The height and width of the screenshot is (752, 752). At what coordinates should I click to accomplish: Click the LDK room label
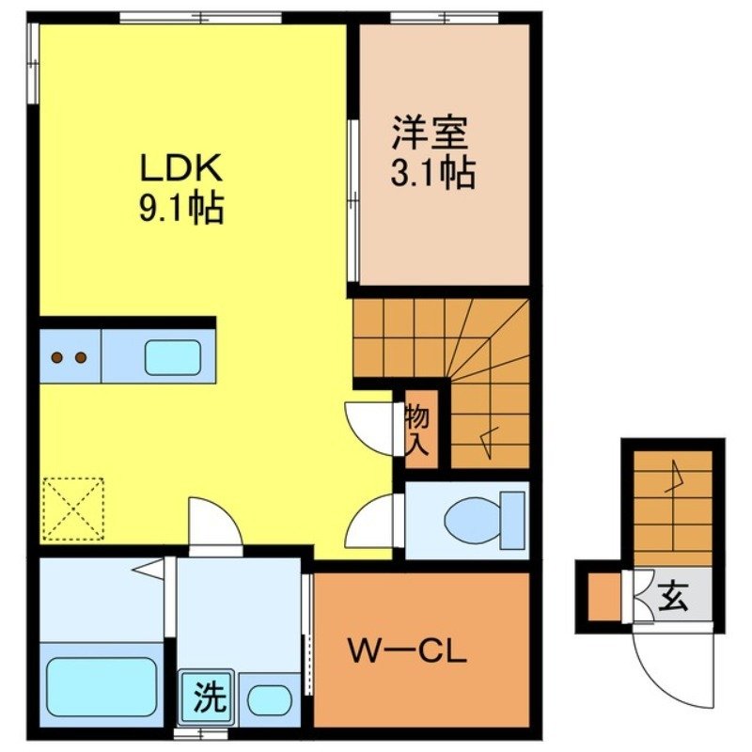(x=180, y=168)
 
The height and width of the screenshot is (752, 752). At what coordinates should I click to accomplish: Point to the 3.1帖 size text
(x=431, y=173)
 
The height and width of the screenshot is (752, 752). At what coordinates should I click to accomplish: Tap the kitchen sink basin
(x=171, y=357)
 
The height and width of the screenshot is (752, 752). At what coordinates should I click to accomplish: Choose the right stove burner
(x=81, y=357)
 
